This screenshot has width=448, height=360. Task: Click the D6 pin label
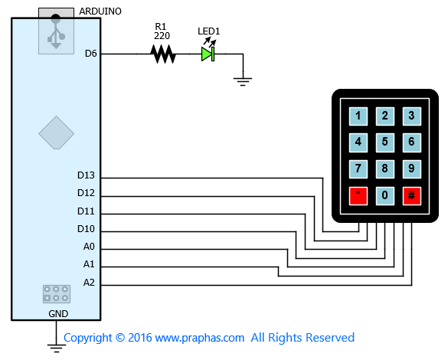click(x=91, y=54)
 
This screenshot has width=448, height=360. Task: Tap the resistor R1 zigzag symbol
click(x=163, y=54)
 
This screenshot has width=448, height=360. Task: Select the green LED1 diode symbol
click(x=208, y=54)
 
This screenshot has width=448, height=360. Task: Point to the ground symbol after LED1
click(x=243, y=81)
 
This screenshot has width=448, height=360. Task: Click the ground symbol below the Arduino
click(x=56, y=349)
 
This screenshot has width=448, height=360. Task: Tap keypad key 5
click(x=385, y=142)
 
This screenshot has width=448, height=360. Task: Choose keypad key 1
click(x=358, y=116)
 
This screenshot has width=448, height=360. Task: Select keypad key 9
click(x=412, y=169)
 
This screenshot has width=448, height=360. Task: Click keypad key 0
click(x=385, y=196)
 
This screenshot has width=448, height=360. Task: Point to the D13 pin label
click(x=86, y=175)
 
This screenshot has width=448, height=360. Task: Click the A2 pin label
click(x=89, y=283)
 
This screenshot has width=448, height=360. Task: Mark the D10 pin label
click(x=86, y=228)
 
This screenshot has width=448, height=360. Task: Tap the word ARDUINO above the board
click(x=100, y=11)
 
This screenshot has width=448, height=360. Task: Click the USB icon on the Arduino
click(x=56, y=32)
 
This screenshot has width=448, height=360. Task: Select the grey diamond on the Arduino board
click(x=56, y=133)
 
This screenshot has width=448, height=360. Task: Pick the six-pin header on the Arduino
click(x=57, y=293)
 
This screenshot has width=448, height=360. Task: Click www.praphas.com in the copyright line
click(x=200, y=338)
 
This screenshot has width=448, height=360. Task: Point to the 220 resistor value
click(x=162, y=36)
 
